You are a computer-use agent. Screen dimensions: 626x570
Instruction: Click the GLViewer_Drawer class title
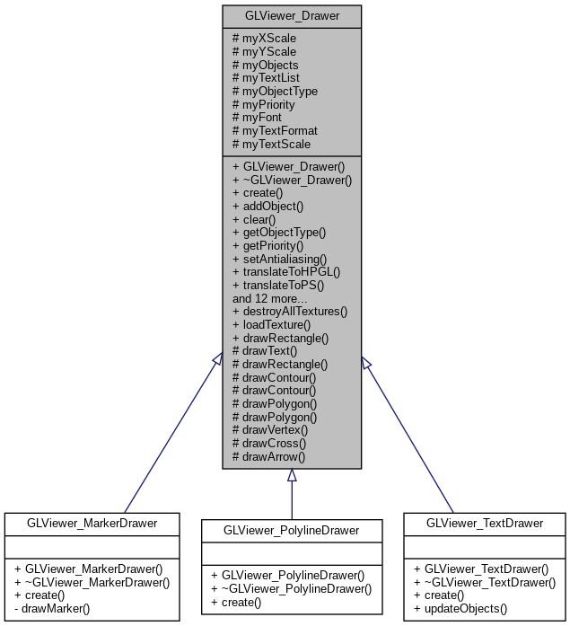(x=292, y=16)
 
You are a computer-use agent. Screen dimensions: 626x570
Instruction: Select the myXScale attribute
(x=264, y=39)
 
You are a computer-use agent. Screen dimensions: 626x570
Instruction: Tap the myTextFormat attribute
(x=275, y=130)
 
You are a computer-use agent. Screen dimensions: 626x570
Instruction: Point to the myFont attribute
(x=257, y=117)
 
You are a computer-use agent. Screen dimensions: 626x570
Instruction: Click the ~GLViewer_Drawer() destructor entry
(x=292, y=180)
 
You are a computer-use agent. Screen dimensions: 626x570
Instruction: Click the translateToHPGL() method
(x=286, y=271)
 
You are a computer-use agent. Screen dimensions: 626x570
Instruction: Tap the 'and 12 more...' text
(x=269, y=298)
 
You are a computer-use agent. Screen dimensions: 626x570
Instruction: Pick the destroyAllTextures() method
(x=289, y=311)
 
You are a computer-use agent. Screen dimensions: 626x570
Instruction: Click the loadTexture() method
(x=271, y=324)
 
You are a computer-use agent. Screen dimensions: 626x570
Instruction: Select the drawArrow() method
(x=269, y=456)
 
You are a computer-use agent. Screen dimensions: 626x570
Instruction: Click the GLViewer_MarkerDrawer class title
(x=92, y=523)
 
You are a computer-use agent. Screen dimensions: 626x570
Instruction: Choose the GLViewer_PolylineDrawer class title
(x=292, y=531)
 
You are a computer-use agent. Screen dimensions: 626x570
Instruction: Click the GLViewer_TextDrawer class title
(x=484, y=523)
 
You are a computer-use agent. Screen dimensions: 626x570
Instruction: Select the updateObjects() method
(x=460, y=608)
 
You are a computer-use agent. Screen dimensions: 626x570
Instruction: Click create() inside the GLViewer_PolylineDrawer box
(x=241, y=601)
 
